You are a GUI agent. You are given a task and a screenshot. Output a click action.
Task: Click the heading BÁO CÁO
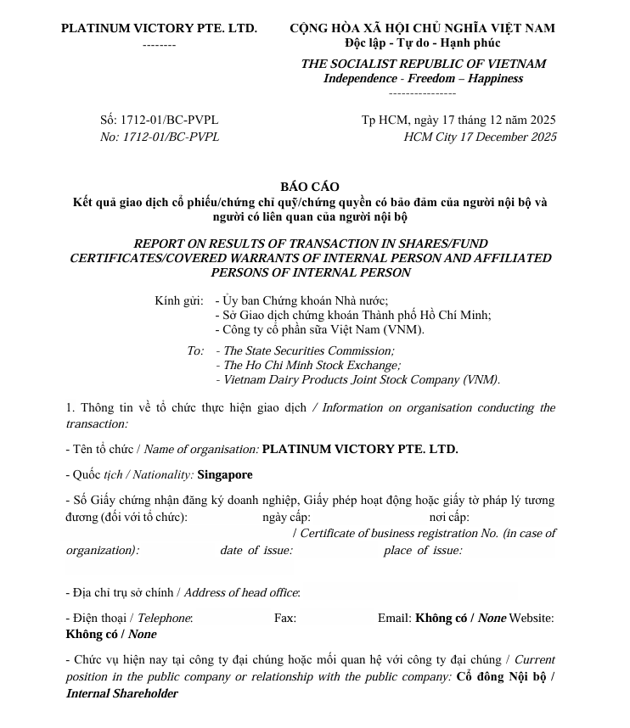click(309, 187)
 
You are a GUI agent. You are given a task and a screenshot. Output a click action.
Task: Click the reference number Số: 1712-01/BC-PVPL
click(160, 120)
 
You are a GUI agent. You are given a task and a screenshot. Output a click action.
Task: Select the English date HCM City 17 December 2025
click(480, 137)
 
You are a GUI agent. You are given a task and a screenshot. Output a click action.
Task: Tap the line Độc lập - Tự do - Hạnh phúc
click(422, 43)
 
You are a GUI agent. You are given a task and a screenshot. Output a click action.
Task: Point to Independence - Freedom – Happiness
click(423, 79)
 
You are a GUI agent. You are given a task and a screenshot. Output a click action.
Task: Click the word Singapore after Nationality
click(224, 475)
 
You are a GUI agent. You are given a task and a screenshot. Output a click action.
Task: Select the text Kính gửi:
click(179, 300)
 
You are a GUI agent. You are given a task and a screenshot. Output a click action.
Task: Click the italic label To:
click(195, 351)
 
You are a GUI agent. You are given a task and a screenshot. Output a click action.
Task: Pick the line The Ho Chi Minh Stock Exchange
click(312, 366)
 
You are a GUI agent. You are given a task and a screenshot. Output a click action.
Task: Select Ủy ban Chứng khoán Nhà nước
click(305, 300)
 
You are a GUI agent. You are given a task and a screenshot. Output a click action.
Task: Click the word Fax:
click(285, 619)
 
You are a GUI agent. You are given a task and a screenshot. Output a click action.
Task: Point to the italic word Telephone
click(165, 619)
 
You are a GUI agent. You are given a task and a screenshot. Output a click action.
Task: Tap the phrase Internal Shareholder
click(122, 694)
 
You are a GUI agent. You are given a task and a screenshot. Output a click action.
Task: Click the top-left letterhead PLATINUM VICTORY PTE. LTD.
click(159, 28)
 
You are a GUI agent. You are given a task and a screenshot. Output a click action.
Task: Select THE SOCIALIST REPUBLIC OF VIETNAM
click(423, 64)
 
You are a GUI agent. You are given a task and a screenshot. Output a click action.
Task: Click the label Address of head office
click(241, 593)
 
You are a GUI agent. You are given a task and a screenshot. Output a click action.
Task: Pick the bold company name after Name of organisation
click(360, 450)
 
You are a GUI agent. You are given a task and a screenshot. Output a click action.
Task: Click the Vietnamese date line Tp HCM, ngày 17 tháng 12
click(458, 120)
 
